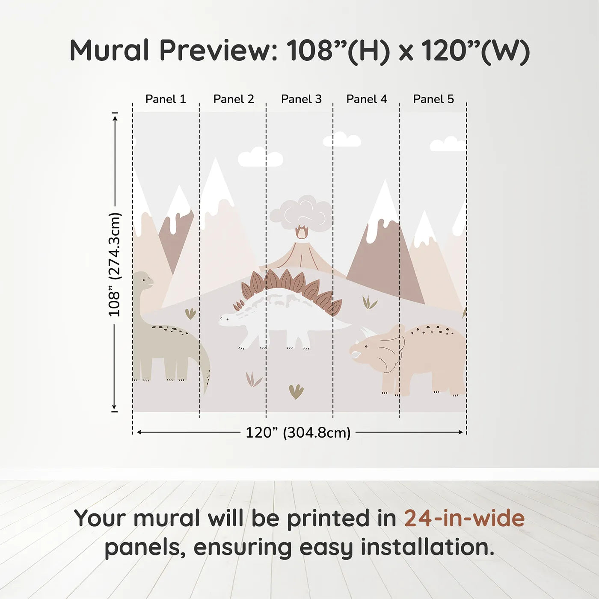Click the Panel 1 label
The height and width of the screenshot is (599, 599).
pyautogui.click(x=166, y=99)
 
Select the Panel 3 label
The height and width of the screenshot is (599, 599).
pyautogui.click(x=301, y=99)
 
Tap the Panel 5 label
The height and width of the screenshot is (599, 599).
pyautogui.click(x=433, y=99)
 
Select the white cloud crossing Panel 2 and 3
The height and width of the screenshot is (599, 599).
pyautogui.click(x=260, y=157)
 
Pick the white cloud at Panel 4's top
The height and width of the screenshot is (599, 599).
pyautogui.click(x=342, y=140)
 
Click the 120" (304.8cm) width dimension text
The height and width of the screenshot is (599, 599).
pyautogui.click(x=298, y=433)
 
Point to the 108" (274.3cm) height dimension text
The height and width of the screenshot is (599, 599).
pyautogui.click(x=115, y=264)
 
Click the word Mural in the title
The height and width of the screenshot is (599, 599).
pyautogui.click(x=109, y=50)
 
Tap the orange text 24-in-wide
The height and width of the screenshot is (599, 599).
pyautogui.click(x=464, y=518)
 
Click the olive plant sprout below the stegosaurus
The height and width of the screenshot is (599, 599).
pyautogui.click(x=296, y=391)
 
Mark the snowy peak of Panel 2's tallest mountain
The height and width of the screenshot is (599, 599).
pyautogui.click(x=216, y=180)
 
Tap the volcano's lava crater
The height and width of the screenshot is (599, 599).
pyautogui.click(x=302, y=233)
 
